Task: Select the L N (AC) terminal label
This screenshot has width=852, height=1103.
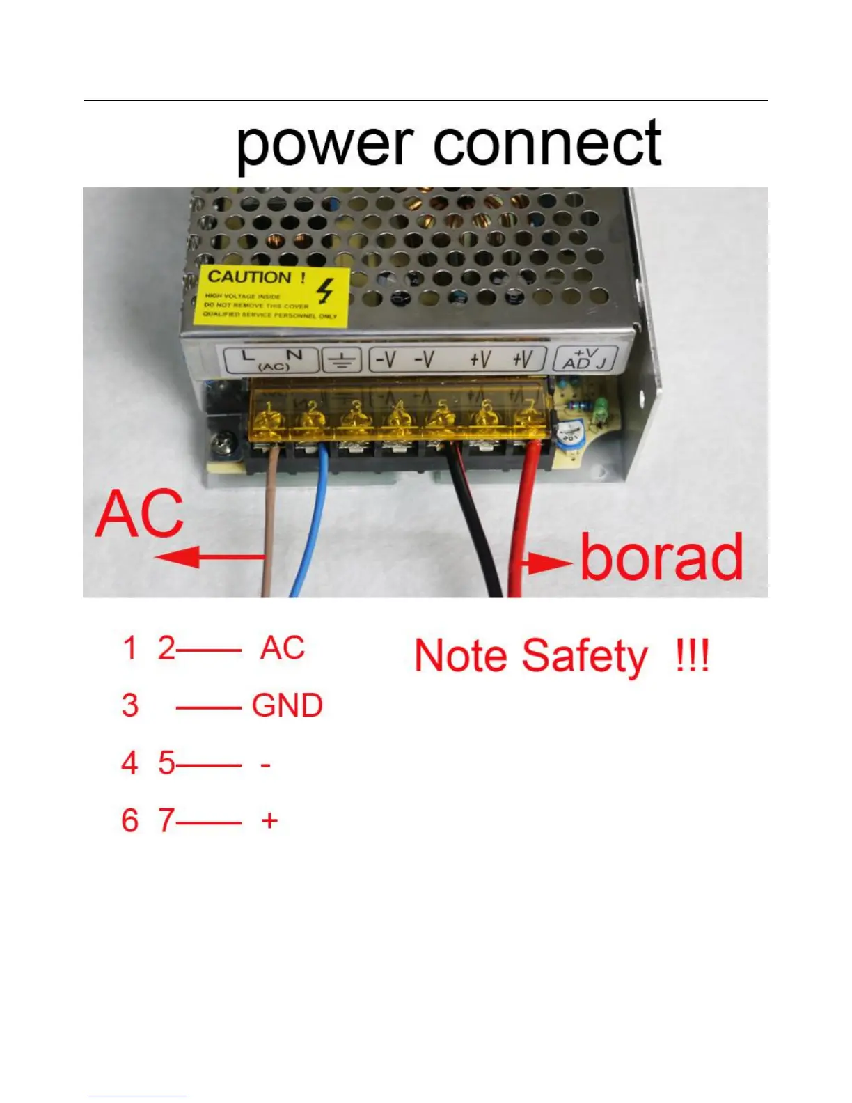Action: click(x=271, y=360)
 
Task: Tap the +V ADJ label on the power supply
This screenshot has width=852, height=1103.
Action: click(x=584, y=359)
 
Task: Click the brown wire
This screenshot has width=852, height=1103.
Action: click(x=270, y=529)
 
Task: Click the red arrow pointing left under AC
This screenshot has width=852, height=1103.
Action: click(x=209, y=557)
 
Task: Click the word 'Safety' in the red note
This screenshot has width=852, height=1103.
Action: click(x=584, y=656)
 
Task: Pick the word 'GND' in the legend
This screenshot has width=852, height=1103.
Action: click(x=287, y=705)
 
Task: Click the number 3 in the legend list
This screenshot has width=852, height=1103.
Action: click(x=130, y=705)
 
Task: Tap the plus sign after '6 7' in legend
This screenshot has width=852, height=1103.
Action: click(x=269, y=820)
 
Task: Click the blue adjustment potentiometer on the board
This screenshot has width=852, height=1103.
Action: click(x=571, y=437)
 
